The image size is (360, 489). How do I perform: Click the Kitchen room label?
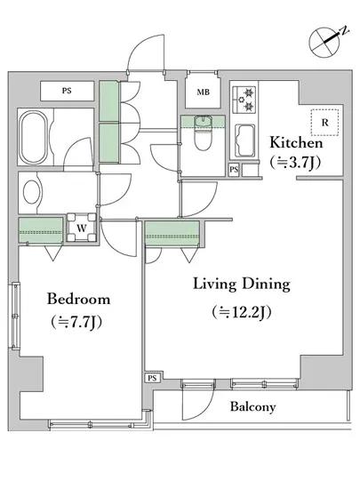pyautogui.click(x=296, y=142)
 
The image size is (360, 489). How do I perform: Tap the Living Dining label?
pyautogui.click(x=242, y=285)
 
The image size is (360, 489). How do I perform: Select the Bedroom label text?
pyautogui.click(x=78, y=299)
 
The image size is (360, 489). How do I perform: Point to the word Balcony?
pyautogui.click(x=252, y=406)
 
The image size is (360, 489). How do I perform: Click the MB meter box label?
pyautogui.click(x=204, y=92)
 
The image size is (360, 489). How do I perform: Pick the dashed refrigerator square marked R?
pyautogui.click(x=324, y=123)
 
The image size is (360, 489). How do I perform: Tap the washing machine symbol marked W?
pyautogui.click(x=82, y=228)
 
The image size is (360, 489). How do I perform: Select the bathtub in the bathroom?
pyautogui.click(x=34, y=138)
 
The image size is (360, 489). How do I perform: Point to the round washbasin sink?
pyautogui.click(x=32, y=192)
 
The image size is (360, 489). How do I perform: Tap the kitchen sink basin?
pyautogui.click(x=244, y=140)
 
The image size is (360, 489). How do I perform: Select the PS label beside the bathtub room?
pyautogui.click(x=67, y=91)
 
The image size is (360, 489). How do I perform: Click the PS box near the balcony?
pyautogui.click(x=152, y=378)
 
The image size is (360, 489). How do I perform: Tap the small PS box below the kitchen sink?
pyautogui.click(x=234, y=170)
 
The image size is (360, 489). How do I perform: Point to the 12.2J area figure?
pyautogui.click(x=242, y=312)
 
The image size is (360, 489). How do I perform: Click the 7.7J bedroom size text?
pyautogui.click(x=76, y=322)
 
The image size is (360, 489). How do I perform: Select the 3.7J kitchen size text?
pyautogui.click(x=295, y=163)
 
